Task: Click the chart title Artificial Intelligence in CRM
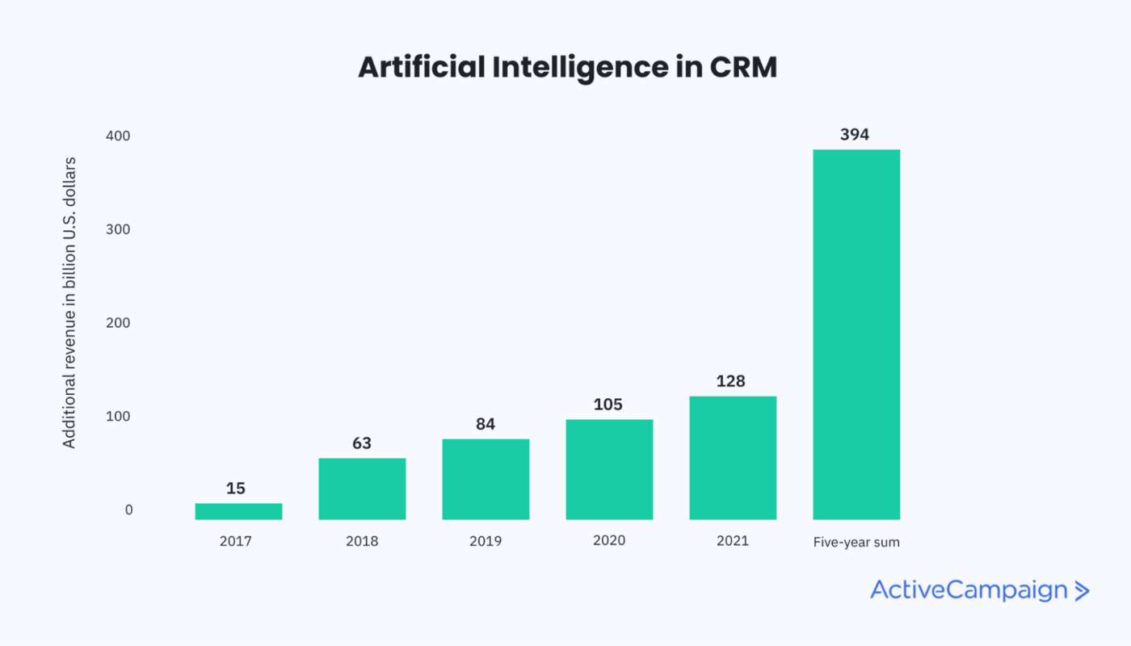(567, 68)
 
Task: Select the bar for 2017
(238, 511)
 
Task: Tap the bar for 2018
(362, 489)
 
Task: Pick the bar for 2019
(486, 479)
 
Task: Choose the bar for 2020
(609, 469)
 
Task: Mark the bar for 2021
(733, 458)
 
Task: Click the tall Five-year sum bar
(856, 334)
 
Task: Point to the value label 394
(855, 135)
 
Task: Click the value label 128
(732, 381)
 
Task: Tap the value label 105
(608, 405)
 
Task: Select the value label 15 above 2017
(236, 489)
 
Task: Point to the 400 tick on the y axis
(118, 136)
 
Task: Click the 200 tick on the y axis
(118, 323)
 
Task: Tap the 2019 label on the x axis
(486, 541)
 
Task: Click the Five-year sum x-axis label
(856, 542)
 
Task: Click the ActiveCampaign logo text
(969, 590)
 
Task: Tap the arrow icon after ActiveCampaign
(1082, 591)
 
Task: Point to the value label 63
(362, 443)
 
